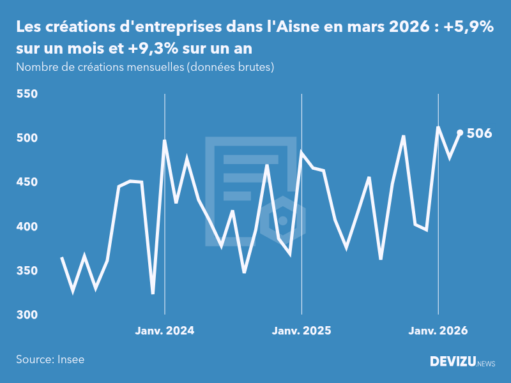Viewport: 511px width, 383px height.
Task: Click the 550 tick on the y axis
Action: click(x=27, y=94)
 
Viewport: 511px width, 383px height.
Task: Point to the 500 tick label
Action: click(x=27, y=139)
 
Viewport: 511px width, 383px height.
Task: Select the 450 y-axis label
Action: click(x=27, y=183)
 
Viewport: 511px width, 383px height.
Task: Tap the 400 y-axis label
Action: click(x=27, y=227)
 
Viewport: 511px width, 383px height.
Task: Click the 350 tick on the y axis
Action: click(x=27, y=271)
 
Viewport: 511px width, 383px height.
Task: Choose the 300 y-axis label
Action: click(x=27, y=315)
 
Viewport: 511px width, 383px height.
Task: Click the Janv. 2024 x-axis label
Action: click(x=165, y=331)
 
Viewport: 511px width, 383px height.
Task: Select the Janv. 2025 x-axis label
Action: click(x=301, y=331)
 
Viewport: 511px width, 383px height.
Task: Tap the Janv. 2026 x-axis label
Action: click(x=438, y=331)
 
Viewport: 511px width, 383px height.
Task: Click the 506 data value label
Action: click(x=479, y=133)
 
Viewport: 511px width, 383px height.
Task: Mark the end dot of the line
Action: click(x=460, y=133)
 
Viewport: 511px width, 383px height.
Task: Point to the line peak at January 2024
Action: click(x=165, y=140)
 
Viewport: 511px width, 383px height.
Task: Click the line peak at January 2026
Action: click(x=438, y=127)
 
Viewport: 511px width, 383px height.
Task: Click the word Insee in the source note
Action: click(x=70, y=359)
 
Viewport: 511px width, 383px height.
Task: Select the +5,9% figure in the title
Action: click(x=469, y=27)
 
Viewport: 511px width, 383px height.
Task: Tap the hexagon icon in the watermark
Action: click(x=282, y=220)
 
